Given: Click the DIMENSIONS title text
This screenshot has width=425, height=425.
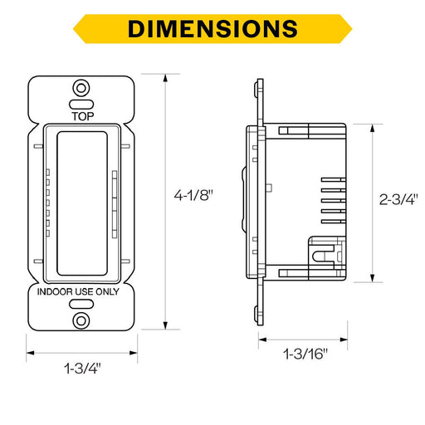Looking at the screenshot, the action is [212, 29].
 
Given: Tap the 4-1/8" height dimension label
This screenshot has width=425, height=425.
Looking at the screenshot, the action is [193, 195].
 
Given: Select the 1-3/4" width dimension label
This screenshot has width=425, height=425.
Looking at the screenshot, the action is [82, 369].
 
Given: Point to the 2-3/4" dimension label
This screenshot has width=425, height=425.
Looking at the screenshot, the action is [398, 199].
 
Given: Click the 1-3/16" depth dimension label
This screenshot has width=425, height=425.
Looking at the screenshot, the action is [305, 354].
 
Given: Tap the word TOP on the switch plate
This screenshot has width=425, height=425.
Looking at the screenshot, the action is [83, 116].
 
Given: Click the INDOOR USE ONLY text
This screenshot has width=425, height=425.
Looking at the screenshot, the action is [78, 291].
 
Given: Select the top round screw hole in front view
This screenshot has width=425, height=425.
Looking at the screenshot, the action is [81, 88].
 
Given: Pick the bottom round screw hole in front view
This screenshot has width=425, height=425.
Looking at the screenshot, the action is [81, 321].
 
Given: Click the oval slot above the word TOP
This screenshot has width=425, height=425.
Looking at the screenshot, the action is [81, 105].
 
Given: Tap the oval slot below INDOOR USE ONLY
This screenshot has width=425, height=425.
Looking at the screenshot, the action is [81, 304].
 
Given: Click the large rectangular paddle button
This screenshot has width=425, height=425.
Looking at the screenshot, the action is [82, 203].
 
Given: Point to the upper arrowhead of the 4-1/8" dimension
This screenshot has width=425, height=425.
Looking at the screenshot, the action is [165, 78].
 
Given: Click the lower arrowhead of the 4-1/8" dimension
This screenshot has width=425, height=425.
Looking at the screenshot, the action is [165, 325].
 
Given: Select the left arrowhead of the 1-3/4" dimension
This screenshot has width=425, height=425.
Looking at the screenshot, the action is [31, 353].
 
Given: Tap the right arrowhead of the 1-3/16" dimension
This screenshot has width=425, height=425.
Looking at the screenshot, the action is [344, 340].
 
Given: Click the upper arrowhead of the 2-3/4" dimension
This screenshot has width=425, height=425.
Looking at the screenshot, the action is [373, 128].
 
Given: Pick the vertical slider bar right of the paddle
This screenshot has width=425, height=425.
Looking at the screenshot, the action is [115, 204].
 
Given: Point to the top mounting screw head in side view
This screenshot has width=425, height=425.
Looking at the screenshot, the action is [256, 89].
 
